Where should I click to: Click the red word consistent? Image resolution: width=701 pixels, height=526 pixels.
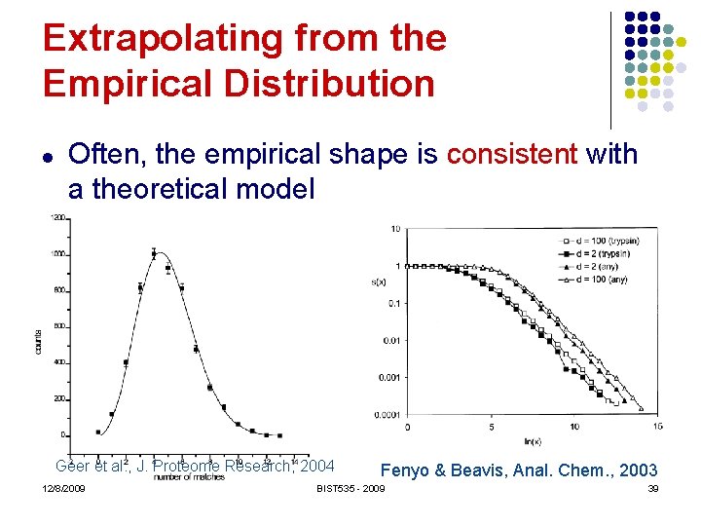click(512, 154)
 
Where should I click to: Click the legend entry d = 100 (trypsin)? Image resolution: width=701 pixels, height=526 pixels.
click(599, 240)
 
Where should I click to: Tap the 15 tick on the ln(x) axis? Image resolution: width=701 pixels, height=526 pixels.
click(658, 427)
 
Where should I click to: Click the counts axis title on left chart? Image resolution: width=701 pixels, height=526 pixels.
click(38, 340)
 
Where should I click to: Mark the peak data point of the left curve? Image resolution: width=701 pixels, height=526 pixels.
click(154, 254)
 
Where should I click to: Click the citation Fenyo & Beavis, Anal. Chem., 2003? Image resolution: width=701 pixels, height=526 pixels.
click(519, 470)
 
